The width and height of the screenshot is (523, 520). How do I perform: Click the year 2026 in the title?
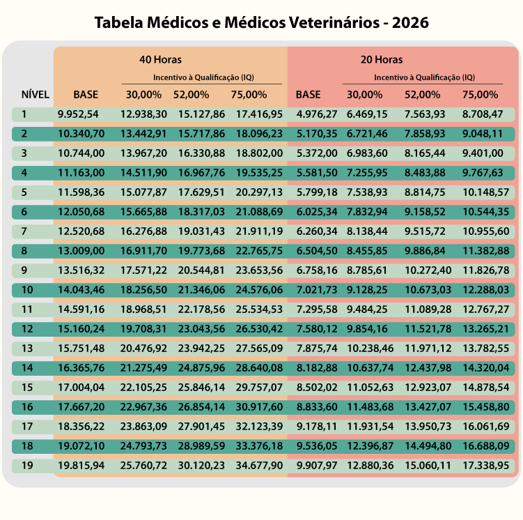[410, 22]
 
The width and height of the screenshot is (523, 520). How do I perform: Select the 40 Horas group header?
[160, 60]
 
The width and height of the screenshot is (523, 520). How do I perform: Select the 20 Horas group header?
[382, 60]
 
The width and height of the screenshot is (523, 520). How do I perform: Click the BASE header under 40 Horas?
[86, 94]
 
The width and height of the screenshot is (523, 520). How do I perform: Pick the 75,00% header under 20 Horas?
[480, 94]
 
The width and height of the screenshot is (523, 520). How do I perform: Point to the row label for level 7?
[24, 231]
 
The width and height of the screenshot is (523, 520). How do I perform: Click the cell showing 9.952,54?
[78, 114]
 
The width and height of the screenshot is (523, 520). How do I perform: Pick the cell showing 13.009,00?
[81, 251]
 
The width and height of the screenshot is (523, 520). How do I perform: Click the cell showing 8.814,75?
[425, 192]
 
